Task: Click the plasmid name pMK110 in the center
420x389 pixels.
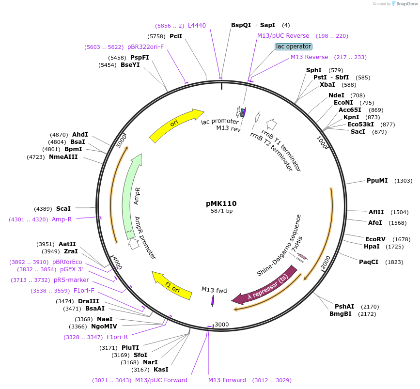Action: [221, 203]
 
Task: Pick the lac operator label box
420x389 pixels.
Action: [294, 47]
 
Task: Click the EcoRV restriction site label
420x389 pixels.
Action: [374, 239]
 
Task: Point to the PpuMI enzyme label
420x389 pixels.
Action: [377, 181]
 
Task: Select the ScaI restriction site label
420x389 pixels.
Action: [63, 209]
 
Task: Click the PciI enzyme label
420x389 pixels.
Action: [176, 36]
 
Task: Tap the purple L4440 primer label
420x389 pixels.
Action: [197, 26]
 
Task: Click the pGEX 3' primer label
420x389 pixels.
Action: [72, 269]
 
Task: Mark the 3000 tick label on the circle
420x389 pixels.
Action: [222, 324]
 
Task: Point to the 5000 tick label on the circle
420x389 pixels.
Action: [121, 140]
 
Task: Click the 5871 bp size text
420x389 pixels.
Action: [221, 211]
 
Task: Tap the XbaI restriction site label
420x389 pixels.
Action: [327, 84]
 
